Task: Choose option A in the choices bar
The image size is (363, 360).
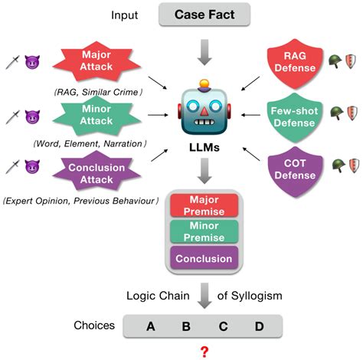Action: coord(150,326)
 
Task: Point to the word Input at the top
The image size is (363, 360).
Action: coord(126,15)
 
